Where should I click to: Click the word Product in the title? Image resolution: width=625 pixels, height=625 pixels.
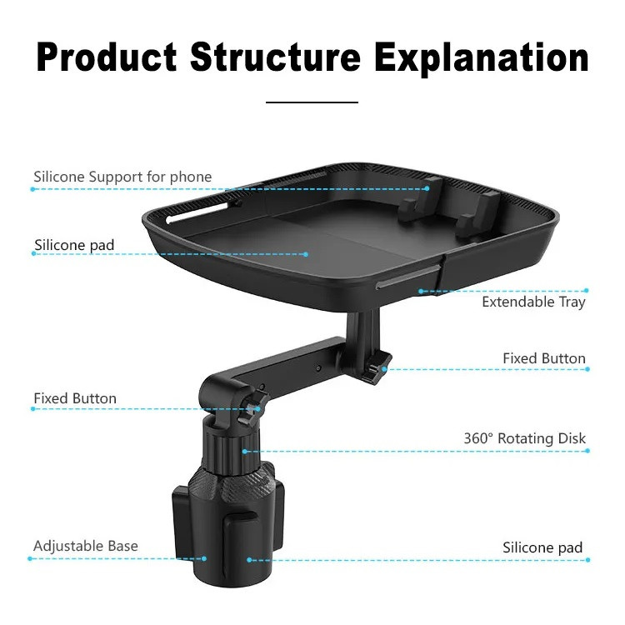[107, 57]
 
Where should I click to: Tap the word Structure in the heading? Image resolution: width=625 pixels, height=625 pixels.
[276, 57]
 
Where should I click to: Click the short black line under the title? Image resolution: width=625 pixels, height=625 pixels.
[312, 102]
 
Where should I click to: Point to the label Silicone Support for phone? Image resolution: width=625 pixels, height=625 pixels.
[122, 177]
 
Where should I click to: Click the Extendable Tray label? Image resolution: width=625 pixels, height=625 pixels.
[533, 302]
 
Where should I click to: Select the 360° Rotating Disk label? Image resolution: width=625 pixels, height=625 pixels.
[524, 438]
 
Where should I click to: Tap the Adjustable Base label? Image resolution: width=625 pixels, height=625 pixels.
[86, 546]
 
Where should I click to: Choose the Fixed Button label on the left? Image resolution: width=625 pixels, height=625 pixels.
[75, 398]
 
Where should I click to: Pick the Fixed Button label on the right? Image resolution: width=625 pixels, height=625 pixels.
[544, 358]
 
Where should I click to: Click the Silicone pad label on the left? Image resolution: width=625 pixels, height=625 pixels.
[74, 245]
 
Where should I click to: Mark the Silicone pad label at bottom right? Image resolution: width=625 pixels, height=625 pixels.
[542, 547]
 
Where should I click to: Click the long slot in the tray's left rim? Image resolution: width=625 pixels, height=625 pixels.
[198, 212]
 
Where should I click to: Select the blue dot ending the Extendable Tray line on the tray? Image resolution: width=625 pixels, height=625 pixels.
[421, 292]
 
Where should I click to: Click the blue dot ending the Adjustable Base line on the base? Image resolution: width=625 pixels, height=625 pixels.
[204, 558]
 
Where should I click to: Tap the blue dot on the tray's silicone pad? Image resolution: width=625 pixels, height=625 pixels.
[306, 254]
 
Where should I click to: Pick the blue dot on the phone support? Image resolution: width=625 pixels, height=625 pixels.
[427, 188]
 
